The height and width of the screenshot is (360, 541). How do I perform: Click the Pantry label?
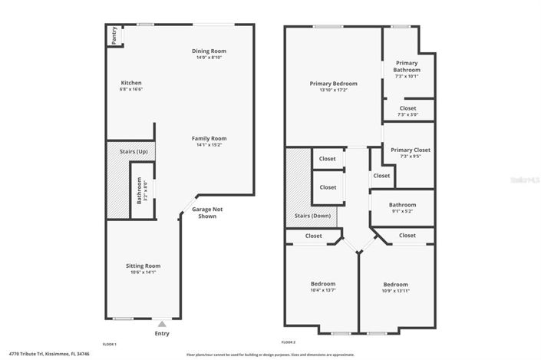pos(114,35)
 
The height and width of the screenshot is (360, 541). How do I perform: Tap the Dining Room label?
pos(209,51)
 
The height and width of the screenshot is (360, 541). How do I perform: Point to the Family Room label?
pos(209,138)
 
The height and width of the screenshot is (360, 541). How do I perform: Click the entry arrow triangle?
pos(161,324)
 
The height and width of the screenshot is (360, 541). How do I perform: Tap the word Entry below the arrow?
pos(162,333)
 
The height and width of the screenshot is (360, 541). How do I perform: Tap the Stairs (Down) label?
pos(313,216)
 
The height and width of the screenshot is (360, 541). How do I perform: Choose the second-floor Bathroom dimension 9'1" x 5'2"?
pos(402,211)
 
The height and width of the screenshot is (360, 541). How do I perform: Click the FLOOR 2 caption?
pos(289,342)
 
